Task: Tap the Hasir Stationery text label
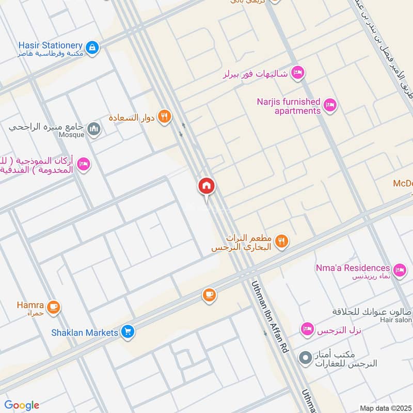(50, 45)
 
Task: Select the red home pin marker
(206, 186)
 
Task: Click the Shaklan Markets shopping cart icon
(128, 332)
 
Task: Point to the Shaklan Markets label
(85, 333)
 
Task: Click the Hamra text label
(30, 305)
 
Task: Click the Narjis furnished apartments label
(289, 106)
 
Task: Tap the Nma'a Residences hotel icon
(399, 269)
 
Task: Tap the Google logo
(22, 405)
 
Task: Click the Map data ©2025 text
(385, 408)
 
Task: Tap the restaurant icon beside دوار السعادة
(165, 117)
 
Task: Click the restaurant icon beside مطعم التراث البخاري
(281, 241)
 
